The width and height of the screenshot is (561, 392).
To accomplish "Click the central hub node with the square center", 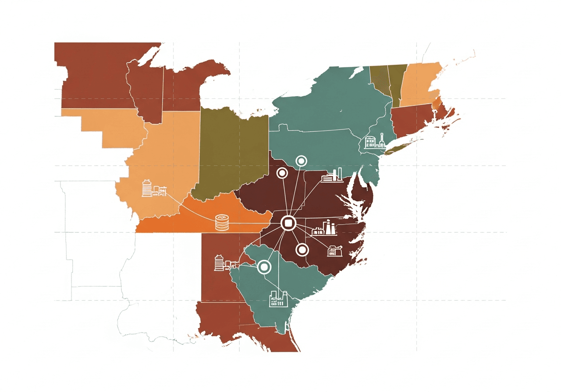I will pyautogui.click(x=288, y=224).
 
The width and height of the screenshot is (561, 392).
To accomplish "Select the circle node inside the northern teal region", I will pyautogui.click(x=301, y=161).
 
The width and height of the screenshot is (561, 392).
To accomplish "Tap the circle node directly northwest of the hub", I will pyautogui.click(x=281, y=173).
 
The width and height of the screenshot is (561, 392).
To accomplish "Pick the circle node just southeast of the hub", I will pyautogui.click(x=302, y=250).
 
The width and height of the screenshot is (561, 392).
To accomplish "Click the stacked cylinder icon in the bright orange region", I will pyautogui.click(x=222, y=223).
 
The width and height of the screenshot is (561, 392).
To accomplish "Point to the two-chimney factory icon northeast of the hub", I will pyautogui.click(x=332, y=176).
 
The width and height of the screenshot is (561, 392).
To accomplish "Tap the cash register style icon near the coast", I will pyautogui.click(x=335, y=251).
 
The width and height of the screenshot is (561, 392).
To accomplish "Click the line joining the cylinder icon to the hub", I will pyautogui.click(x=254, y=224).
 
